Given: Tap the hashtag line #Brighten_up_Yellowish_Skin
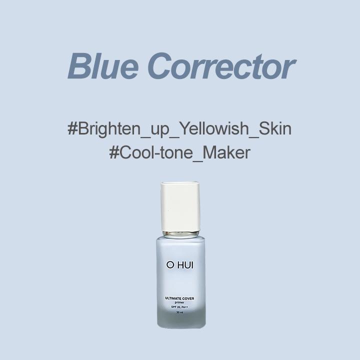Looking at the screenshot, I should [x=179, y=129].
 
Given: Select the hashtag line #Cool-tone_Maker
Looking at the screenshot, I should [x=179, y=152].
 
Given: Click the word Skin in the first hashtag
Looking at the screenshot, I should [x=274, y=128].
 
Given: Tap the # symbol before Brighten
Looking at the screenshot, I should [x=72, y=128].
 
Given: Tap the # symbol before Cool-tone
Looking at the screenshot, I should [x=114, y=152].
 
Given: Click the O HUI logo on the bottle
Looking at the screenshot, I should [x=180, y=264].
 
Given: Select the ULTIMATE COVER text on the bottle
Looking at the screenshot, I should [x=179, y=298].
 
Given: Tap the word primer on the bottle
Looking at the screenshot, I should [x=179, y=303].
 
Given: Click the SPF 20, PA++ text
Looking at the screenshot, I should [x=179, y=307].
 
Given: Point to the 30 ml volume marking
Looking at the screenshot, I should [x=179, y=312].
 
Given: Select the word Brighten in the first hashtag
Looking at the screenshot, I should [x=107, y=129].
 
